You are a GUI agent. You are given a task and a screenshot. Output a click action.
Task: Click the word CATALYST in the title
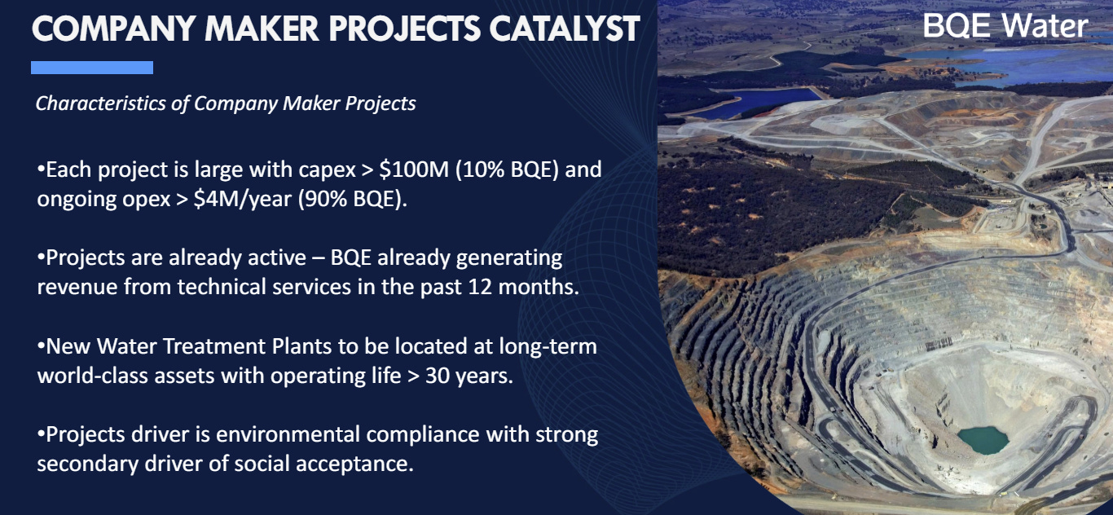[565, 29]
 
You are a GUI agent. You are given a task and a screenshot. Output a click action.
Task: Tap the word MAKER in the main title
[262, 29]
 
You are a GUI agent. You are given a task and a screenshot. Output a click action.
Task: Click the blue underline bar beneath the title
[92, 68]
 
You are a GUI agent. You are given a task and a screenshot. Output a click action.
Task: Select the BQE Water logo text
[1005, 25]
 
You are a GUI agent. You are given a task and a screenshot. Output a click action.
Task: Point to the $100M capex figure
[414, 169]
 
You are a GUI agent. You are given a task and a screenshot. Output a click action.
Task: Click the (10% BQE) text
[508, 169]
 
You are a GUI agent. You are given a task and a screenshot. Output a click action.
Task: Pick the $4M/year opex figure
[243, 199]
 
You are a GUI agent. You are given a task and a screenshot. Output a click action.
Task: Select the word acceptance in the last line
[354, 464]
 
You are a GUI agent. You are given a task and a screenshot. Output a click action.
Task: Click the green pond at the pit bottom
[983, 440]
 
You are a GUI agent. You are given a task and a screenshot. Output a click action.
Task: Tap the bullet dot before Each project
[41, 169]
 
